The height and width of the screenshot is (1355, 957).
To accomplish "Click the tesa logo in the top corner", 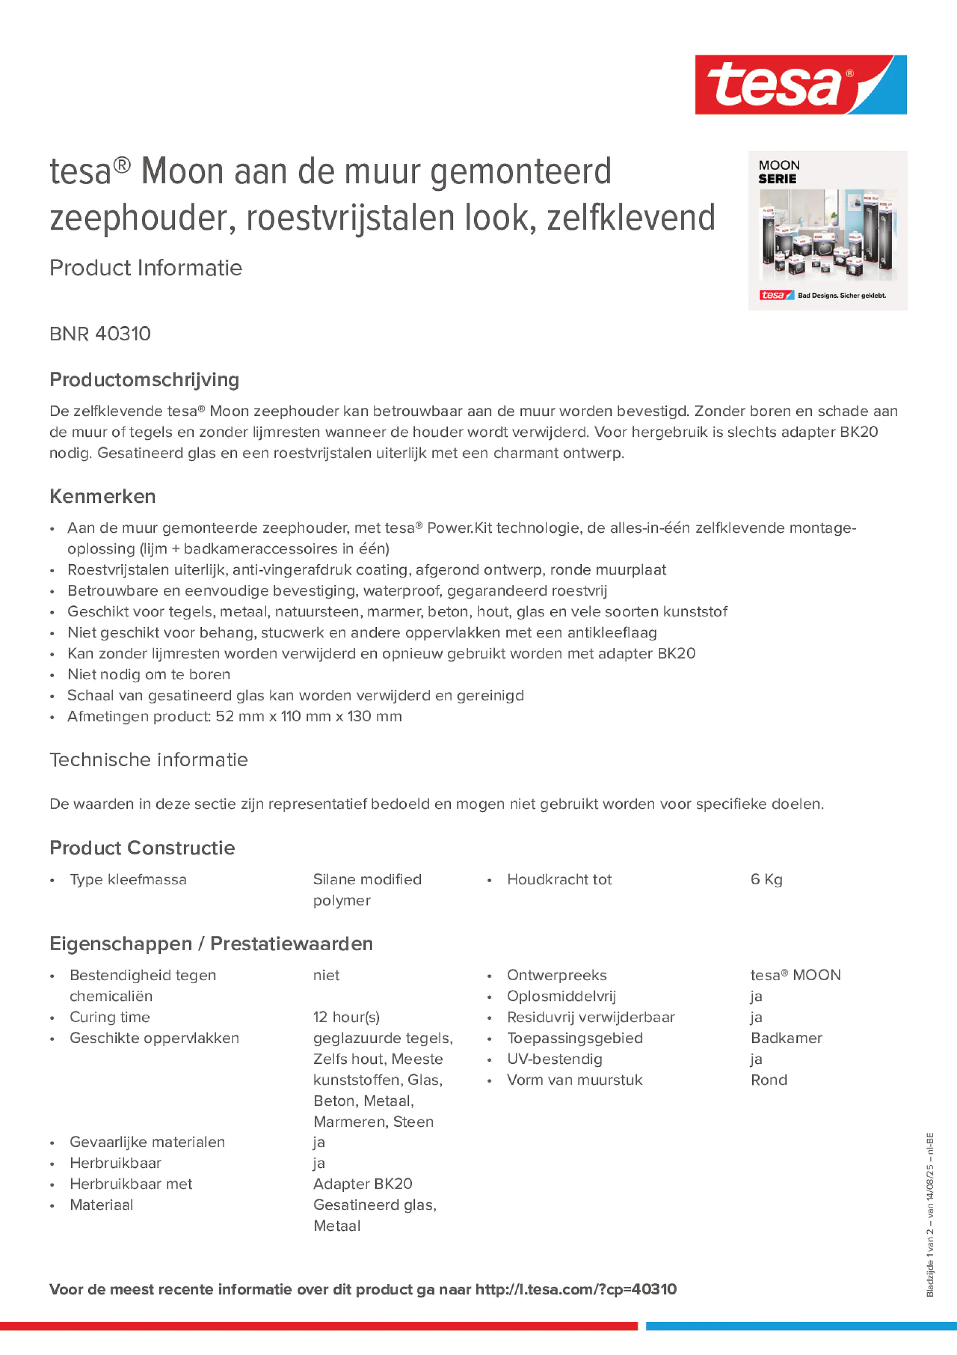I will tap(800, 85).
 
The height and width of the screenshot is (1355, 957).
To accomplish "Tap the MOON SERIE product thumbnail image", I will tap(827, 231).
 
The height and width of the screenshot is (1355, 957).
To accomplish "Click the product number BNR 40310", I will tap(100, 334).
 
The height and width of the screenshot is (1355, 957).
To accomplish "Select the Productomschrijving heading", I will tap(145, 379).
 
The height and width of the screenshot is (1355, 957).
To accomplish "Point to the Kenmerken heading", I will tap(102, 496).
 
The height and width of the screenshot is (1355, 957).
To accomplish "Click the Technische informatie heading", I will tap(149, 759).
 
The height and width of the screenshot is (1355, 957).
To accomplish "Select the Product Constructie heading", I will tap(142, 848).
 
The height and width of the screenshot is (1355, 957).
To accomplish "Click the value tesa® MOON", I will tap(795, 975).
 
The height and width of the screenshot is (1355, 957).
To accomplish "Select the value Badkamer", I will tap(786, 1038).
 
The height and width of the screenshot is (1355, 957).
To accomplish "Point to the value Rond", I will tap(769, 1080).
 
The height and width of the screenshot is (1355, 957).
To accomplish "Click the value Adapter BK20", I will tap(363, 1184).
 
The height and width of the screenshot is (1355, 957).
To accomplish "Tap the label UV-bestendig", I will tap(555, 1059).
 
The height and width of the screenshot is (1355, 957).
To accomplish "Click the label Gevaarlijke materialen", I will tap(147, 1142).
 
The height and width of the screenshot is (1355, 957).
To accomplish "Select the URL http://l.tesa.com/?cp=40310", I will tap(576, 1290).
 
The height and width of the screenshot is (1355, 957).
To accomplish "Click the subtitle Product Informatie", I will tap(146, 268).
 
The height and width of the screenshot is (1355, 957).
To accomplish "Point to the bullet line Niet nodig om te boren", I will tap(149, 675).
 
